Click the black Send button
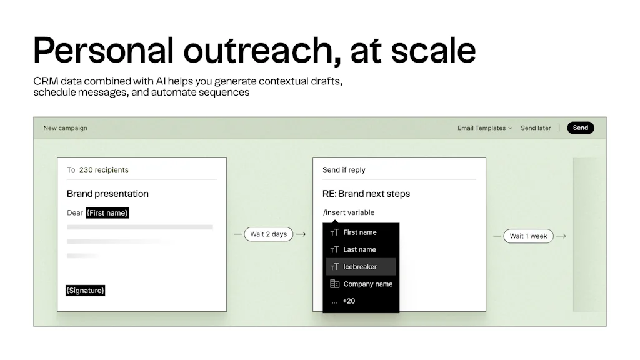(580, 128)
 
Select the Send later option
(536, 128)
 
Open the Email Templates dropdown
(484, 128)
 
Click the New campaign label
(65, 128)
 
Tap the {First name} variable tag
(107, 213)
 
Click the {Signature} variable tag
(86, 291)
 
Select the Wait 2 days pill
(268, 234)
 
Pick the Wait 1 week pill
(528, 236)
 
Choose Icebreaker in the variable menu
(360, 267)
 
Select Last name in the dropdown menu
(359, 249)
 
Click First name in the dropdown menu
(360, 232)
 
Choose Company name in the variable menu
(367, 284)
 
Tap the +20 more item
(349, 301)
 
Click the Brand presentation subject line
(107, 194)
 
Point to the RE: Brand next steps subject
(366, 194)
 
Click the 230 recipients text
(104, 169)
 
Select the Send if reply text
(344, 169)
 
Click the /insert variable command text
(349, 212)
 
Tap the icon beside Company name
(334, 284)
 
